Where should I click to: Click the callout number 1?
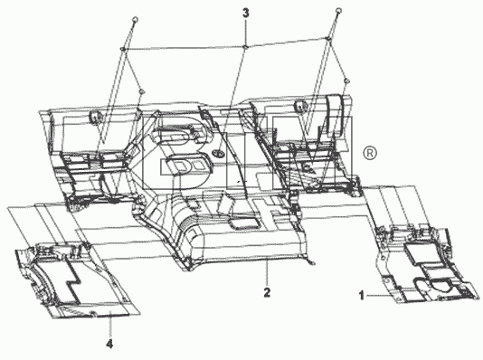362,296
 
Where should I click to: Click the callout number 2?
267,292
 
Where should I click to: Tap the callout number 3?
245,14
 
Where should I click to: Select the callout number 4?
109,344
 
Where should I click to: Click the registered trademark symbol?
370,154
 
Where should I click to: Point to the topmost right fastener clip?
338,10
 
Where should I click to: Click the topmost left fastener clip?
135,20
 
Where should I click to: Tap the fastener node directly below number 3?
245,46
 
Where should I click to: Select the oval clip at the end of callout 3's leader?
218,152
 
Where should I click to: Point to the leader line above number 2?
267,273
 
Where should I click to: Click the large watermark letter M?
312,153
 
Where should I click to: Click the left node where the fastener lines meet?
123,49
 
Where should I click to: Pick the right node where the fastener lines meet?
328,39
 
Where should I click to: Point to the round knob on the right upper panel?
299,105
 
